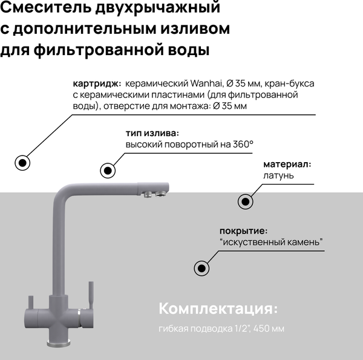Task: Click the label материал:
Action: click(287, 164)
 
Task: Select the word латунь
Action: click(278, 175)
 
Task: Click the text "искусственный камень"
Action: click(272, 242)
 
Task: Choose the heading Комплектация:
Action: click(218, 309)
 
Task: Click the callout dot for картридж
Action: click(23, 163)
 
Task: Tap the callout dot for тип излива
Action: click(108, 170)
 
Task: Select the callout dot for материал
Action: click(245, 201)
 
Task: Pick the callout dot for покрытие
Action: click(201, 268)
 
